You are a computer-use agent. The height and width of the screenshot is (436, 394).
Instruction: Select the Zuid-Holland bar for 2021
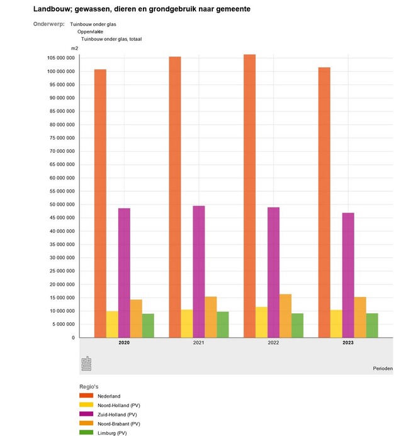[199, 272]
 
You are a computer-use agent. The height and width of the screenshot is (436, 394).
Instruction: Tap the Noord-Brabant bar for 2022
[285, 316]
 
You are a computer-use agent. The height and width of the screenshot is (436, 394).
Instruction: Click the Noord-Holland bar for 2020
[112, 324]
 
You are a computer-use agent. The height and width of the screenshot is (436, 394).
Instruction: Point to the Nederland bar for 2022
[249, 196]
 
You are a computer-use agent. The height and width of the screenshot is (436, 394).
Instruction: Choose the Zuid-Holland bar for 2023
[348, 275]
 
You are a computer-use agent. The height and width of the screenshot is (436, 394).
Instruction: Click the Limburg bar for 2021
[223, 325]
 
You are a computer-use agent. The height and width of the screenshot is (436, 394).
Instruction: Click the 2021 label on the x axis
[199, 343]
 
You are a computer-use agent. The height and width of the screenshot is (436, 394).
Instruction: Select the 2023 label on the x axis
[348, 343]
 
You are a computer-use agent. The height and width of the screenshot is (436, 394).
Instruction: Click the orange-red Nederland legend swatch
[86, 395]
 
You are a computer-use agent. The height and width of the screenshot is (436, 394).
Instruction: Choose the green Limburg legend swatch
[86, 433]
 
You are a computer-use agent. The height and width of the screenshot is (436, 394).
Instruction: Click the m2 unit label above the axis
[74, 48]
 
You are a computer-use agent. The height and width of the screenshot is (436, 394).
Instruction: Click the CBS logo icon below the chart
[86, 363]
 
